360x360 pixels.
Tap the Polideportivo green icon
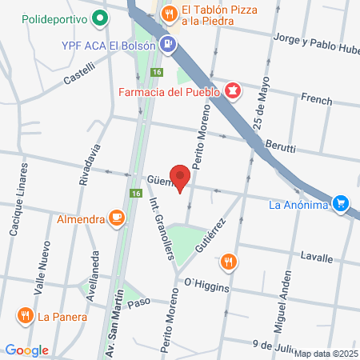click(x=99, y=18)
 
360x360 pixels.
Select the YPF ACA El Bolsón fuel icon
click(x=167, y=45)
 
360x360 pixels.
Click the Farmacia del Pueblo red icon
click(x=232, y=92)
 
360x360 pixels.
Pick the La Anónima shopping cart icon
click(x=342, y=204)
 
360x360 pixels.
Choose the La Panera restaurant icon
click(x=26, y=315)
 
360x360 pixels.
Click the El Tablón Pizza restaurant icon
click(x=169, y=14)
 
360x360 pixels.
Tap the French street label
click(x=316, y=98)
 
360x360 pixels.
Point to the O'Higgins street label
click(x=206, y=282)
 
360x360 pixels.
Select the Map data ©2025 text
click(x=326, y=354)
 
